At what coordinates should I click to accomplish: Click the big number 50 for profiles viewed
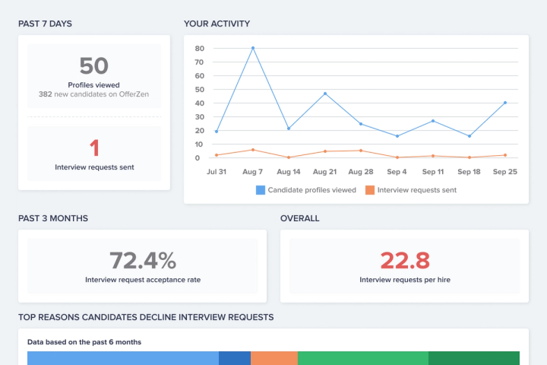tap(94, 65)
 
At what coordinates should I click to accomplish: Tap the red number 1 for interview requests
tap(94, 148)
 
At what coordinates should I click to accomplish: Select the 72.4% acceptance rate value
tap(143, 261)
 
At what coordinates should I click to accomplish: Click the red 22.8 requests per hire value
tap(404, 261)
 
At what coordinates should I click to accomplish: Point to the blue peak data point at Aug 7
tap(253, 48)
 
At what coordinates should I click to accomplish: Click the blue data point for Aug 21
tap(325, 94)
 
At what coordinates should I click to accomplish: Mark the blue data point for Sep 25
tap(505, 103)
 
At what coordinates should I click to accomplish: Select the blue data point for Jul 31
tap(217, 132)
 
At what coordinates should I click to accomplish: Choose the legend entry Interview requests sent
tap(410, 190)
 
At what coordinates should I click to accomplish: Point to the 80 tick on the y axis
tap(199, 48)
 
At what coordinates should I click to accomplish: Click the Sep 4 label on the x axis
tap(397, 172)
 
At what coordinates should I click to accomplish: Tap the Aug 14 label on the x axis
tap(289, 172)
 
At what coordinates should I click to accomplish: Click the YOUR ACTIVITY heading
tap(217, 24)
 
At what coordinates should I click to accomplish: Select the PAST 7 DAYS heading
tap(45, 24)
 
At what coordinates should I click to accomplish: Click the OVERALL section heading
tap(299, 218)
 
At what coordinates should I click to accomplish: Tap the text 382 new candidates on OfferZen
tap(94, 95)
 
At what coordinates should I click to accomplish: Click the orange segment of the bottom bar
tap(273, 358)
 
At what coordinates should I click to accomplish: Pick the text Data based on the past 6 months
tap(84, 342)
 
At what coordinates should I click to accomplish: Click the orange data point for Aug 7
tap(253, 150)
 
